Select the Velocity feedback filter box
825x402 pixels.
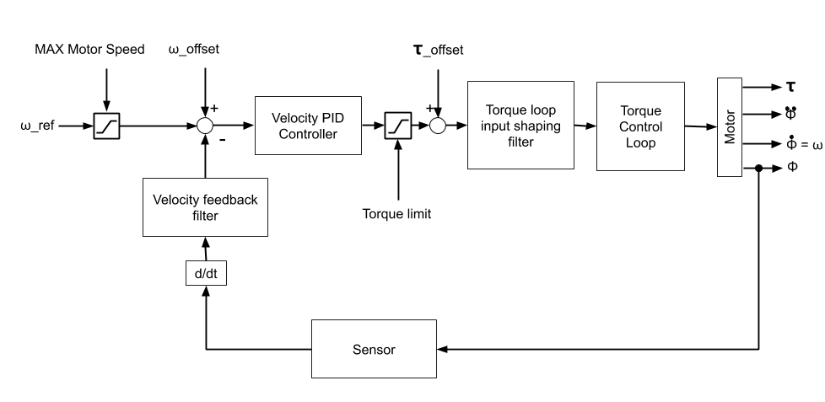point(205,207)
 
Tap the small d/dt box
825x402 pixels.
point(205,273)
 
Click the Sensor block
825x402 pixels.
point(374,348)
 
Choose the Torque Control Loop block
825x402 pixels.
point(640,126)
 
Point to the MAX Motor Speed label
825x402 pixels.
point(89,50)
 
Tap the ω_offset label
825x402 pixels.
point(194,50)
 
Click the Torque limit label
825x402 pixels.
point(396,214)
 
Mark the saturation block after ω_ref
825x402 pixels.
point(108,126)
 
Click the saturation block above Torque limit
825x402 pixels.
point(396,126)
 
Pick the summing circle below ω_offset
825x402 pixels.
point(205,126)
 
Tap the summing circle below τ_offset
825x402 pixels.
point(437,126)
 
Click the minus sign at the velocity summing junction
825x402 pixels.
point(222,141)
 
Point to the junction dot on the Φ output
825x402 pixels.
point(759,169)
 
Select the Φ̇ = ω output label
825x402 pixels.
point(804,143)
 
